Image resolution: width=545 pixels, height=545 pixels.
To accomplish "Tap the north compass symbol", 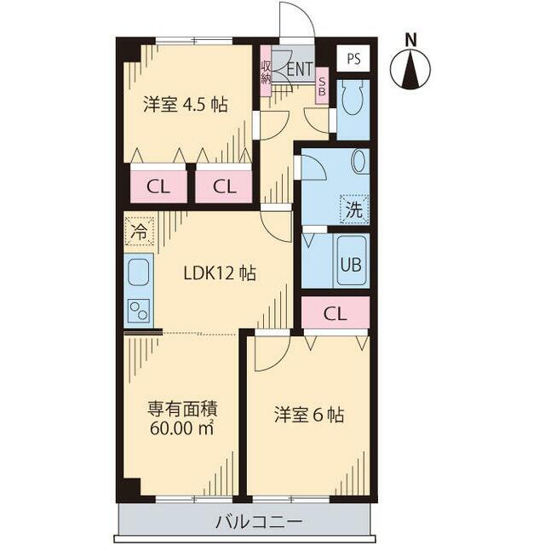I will pyautogui.click(x=411, y=67).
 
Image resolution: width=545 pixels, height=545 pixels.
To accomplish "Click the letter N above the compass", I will pyautogui.click(x=411, y=38).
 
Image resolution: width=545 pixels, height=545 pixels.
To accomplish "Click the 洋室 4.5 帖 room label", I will pyautogui.click(x=185, y=105).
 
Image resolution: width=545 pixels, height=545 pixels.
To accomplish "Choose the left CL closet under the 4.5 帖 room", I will pyautogui.click(x=157, y=186).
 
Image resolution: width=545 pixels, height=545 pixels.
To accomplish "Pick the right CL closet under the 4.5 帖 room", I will pyautogui.click(x=224, y=186).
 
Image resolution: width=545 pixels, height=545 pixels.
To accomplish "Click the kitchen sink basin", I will pyautogui.click(x=139, y=274).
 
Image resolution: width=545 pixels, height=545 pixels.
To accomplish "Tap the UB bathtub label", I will pyautogui.click(x=351, y=263).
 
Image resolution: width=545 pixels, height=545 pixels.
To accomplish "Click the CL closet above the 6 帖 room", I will pyautogui.click(x=336, y=313).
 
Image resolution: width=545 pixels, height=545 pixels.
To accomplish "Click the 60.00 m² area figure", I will pyautogui.click(x=181, y=427).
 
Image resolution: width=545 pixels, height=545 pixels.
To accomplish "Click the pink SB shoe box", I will pyautogui.click(x=322, y=85).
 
